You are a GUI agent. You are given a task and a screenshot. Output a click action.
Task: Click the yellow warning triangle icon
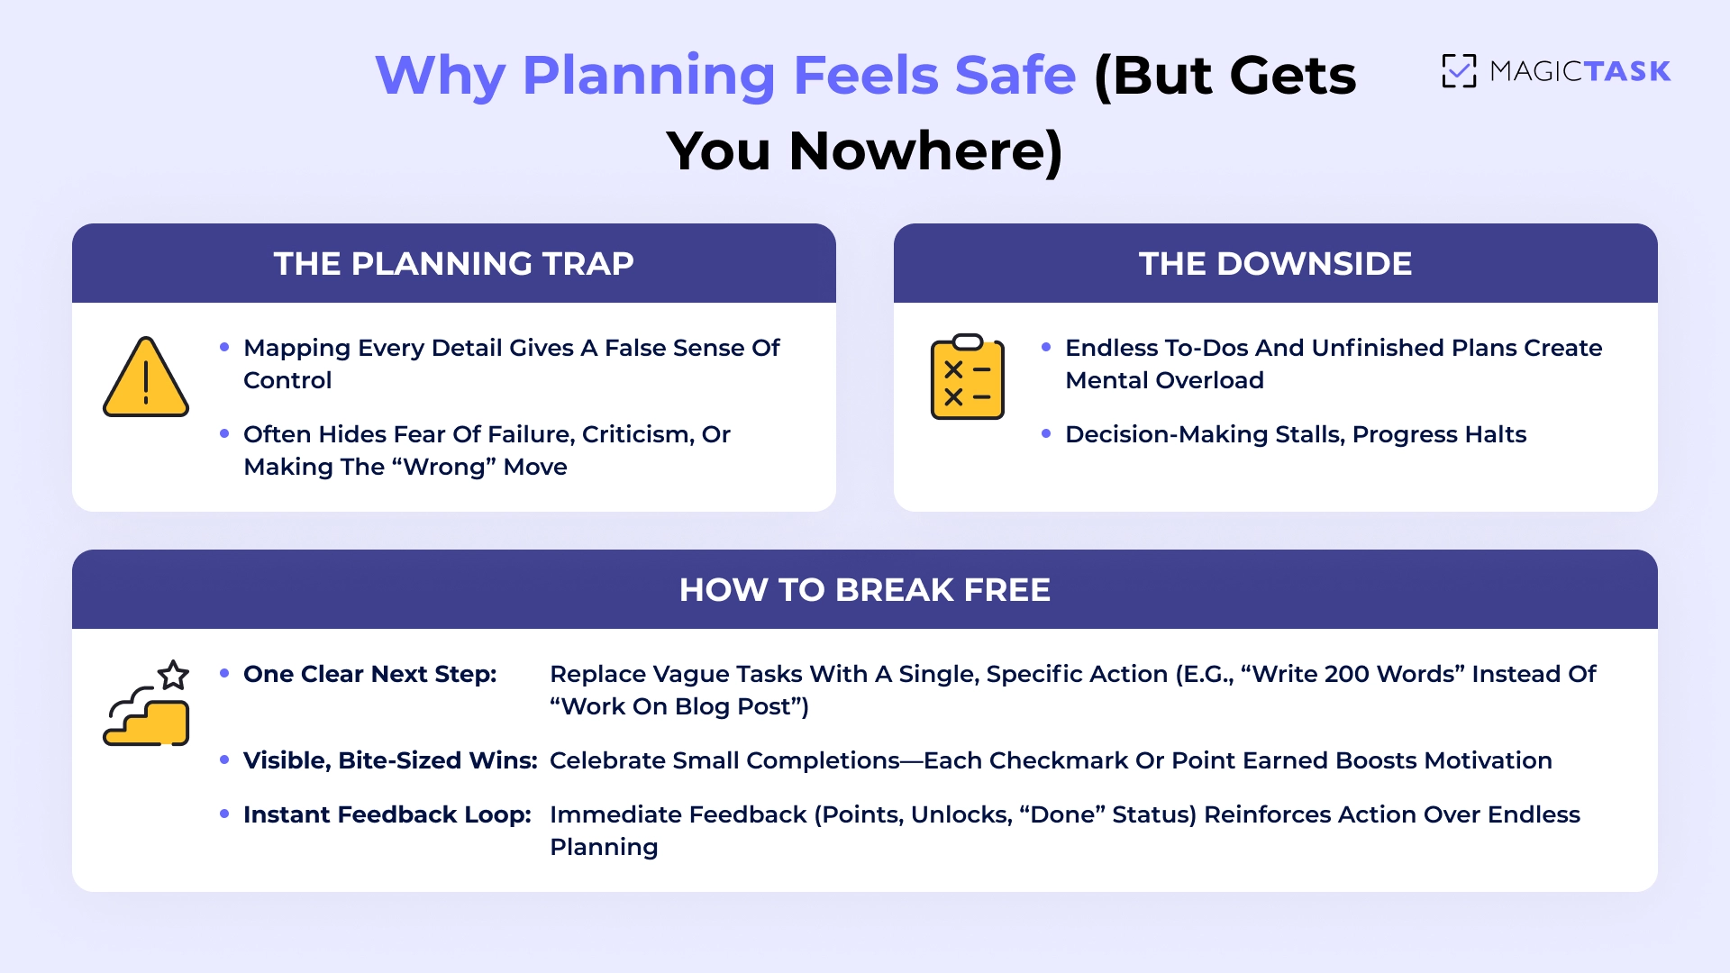pyautogui.click(x=146, y=378)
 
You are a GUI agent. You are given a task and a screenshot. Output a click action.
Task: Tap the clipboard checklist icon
pyautogui.click(x=967, y=377)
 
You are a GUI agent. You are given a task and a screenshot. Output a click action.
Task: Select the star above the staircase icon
pyautogui.click(x=173, y=675)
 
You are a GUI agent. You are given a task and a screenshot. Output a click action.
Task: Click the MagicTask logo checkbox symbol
pyautogui.click(x=1459, y=71)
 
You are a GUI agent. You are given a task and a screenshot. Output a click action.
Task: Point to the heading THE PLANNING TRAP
pyautogui.click(x=454, y=264)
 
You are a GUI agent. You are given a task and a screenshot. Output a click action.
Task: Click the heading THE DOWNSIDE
pyautogui.click(x=1275, y=264)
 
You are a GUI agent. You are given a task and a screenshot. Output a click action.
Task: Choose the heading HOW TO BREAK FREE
pyautogui.click(x=865, y=590)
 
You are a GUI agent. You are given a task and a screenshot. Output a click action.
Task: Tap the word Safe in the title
pyautogui.click(x=1015, y=75)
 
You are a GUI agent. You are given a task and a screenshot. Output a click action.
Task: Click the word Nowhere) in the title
pyautogui.click(x=925, y=150)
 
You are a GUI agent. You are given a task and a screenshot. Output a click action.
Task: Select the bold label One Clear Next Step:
pyautogui.click(x=369, y=675)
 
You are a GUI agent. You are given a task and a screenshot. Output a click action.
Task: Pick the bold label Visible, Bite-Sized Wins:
pyautogui.click(x=390, y=761)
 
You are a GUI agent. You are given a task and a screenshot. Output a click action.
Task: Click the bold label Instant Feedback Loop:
pyautogui.click(x=387, y=815)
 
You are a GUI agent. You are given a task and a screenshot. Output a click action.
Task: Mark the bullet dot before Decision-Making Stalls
pyautogui.click(x=1046, y=434)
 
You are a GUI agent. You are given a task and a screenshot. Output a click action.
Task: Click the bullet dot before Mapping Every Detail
pyautogui.click(x=224, y=348)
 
